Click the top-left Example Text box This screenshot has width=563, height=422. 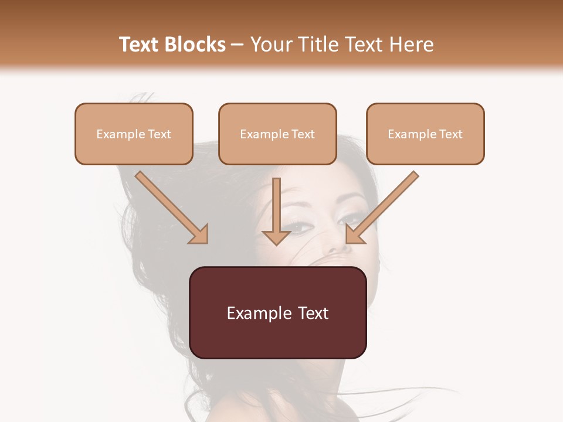pyautogui.click(x=134, y=134)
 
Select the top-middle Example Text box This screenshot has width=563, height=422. pyautogui.click(x=277, y=134)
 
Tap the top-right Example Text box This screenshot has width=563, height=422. pyautogui.click(x=425, y=134)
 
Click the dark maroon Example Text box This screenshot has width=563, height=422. pyautogui.click(x=278, y=312)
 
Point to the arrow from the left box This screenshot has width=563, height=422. pyautogui.click(x=170, y=205)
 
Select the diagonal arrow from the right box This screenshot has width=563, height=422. pyautogui.click(x=384, y=205)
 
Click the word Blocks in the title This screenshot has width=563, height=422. pyautogui.click(x=196, y=45)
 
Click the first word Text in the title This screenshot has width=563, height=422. pyautogui.click(x=141, y=45)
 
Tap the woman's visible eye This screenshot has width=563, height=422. pyautogui.click(x=300, y=226)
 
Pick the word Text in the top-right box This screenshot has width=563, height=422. pyautogui.click(x=450, y=134)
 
